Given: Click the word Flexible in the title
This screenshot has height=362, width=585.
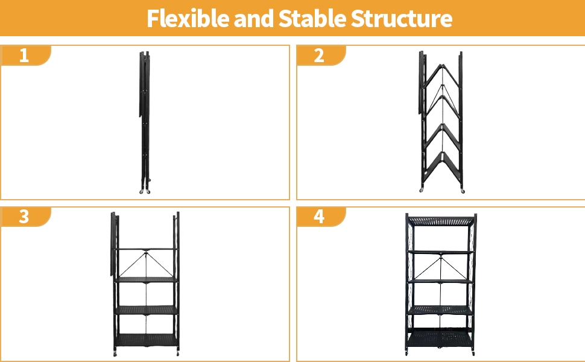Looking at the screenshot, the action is click(x=188, y=18).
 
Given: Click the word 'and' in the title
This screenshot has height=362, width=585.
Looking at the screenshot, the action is click(x=254, y=18).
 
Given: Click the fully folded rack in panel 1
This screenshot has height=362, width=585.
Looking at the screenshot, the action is click(x=145, y=122).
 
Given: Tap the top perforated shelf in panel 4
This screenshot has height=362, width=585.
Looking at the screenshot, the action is click(x=441, y=221).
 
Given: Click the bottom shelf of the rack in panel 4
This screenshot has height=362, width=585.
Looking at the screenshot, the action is click(x=441, y=338).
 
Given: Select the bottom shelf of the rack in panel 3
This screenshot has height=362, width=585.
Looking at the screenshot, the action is click(x=146, y=340).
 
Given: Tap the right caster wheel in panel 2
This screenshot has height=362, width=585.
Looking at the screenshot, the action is click(x=463, y=191).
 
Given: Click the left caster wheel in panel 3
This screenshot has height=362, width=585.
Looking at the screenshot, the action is click(x=115, y=354).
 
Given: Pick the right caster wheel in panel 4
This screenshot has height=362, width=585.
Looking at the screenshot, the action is click(x=473, y=353).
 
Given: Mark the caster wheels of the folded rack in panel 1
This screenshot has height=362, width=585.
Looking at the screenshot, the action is click(x=145, y=191).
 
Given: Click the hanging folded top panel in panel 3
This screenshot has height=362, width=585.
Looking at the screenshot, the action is click(x=113, y=244).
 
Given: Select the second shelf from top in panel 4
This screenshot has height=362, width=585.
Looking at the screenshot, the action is click(x=441, y=253).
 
